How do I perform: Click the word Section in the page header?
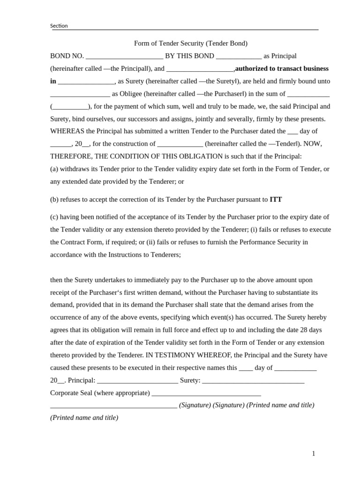pyautogui.click(x=59, y=26)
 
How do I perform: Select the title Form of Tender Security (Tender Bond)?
pyautogui.click(x=191, y=44)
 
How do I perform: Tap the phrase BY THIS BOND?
pyautogui.click(x=189, y=56)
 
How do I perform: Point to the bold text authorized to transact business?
pyautogui.click(x=282, y=68)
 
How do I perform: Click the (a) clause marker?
pyautogui.click(x=55, y=169)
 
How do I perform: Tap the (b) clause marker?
pyautogui.click(x=55, y=199)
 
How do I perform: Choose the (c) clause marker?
pyautogui.click(x=55, y=217)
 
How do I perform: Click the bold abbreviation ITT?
pyautogui.click(x=276, y=199)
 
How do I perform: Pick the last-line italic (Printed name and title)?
pyautogui.click(x=84, y=418)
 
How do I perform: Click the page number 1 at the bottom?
pyautogui.click(x=314, y=454)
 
